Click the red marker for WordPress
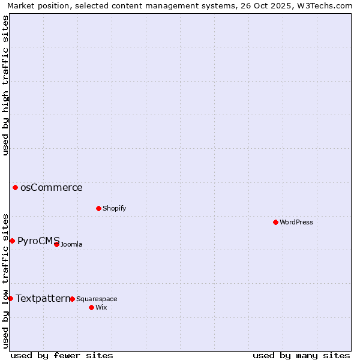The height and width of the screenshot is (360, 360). pyautogui.click(x=275, y=222)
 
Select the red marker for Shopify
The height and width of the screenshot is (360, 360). pyautogui.click(x=98, y=208)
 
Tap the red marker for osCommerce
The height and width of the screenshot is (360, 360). pyautogui.click(x=15, y=187)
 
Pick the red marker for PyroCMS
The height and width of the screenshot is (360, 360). pyautogui.click(x=12, y=241)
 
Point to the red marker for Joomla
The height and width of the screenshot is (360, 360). pyautogui.click(x=56, y=244)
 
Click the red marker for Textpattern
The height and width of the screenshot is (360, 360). pyautogui.click(x=10, y=298)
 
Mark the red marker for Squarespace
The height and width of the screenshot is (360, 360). pyautogui.click(x=72, y=299)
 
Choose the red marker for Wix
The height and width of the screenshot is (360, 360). pyautogui.click(x=91, y=307)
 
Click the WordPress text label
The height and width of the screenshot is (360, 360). pyautogui.click(x=296, y=222)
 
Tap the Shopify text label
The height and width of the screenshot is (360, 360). pyautogui.click(x=114, y=208)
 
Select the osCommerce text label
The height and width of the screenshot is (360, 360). pyautogui.click(x=52, y=187)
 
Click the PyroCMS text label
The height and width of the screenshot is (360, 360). pyautogui.click(x=38, y=241)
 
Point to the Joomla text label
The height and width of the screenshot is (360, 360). pyautogui.click(x=71, y=244)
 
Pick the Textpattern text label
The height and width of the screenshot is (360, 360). pyautogui.click(x=43, y=298)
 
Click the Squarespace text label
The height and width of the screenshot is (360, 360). pyautogui.click(x=97, y=299)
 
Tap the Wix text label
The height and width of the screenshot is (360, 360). pyautogui.click(x=101, y=307)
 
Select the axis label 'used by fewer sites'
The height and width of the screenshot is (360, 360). pyautogui.click(x=62, y=355)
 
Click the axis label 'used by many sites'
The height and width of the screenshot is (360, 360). pyautogui.click(x=301, y=355)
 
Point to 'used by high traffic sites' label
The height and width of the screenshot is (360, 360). pyautogui.click(x=5, y=85)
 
